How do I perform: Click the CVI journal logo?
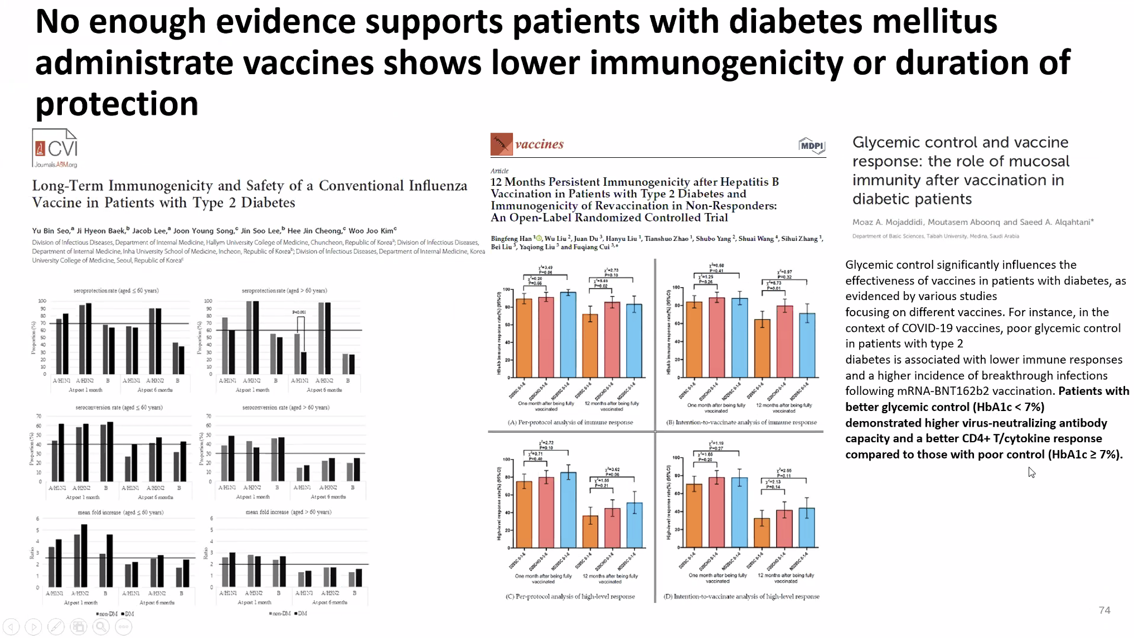coord(55,148)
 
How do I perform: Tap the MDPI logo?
coord(811,146)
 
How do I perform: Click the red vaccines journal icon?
coord(501,144)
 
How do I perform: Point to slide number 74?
coord(1104,610)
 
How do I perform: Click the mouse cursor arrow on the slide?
coord(1031,472)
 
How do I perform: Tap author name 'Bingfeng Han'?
coord(511,239)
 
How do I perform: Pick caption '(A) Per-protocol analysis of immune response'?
coord(570,422)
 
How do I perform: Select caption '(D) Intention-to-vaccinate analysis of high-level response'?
coord(741,596)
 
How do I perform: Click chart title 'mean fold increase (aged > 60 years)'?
coord(288,512)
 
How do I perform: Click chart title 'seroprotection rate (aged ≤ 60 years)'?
coord(116,291)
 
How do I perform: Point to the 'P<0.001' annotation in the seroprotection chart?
coord(299,312)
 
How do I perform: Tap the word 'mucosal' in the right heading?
coord(1038,161)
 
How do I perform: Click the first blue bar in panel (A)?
coord(568,334)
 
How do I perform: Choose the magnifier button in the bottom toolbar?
coord(101,627)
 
